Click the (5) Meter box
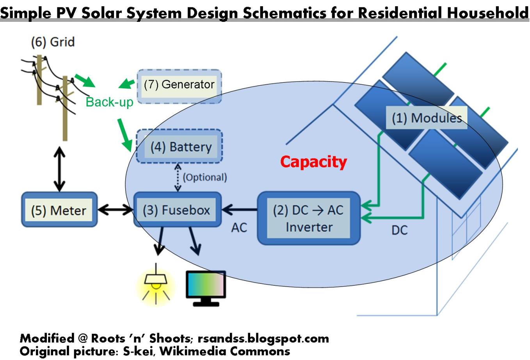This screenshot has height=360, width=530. (x=59, y=210)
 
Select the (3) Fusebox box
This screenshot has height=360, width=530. (x=177, y=210)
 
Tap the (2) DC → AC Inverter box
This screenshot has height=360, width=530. (x=308, y=218)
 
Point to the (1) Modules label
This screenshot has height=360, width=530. (x=427, y=118)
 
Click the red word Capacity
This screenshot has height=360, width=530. (x=313, y=161)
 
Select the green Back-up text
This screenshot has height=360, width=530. (x=109, y=102)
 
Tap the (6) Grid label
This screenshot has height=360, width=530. (x=53, y=42)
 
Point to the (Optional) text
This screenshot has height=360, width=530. (x=205, y=177)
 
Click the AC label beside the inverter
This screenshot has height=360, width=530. (x=239, y=227)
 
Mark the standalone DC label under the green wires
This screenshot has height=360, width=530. (x=399, y=230)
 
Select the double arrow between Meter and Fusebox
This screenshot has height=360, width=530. (x=116, y=210)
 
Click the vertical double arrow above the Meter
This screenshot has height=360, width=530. (x=59, y=169)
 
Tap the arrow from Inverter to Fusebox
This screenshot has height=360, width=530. (x=239, y=210)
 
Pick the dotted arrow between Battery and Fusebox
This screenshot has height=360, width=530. (x=178, y=177)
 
